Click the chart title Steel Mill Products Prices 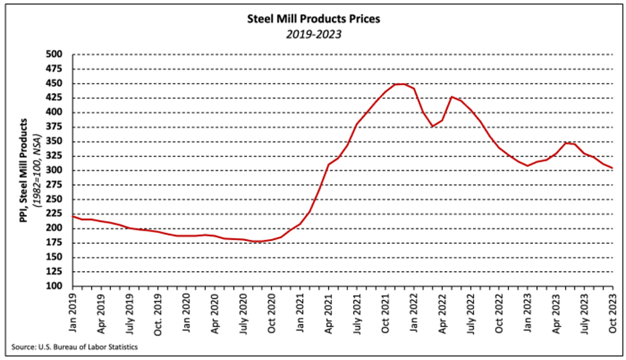click(313, 19)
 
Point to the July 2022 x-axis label click(472, 310)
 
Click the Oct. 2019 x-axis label click(159, 310)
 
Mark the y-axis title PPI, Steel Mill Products click(24, 170)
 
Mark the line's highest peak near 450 click(400, 84)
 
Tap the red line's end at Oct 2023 click(613, 168)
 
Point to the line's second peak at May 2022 click(452, 97)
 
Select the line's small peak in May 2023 click(566, 143)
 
